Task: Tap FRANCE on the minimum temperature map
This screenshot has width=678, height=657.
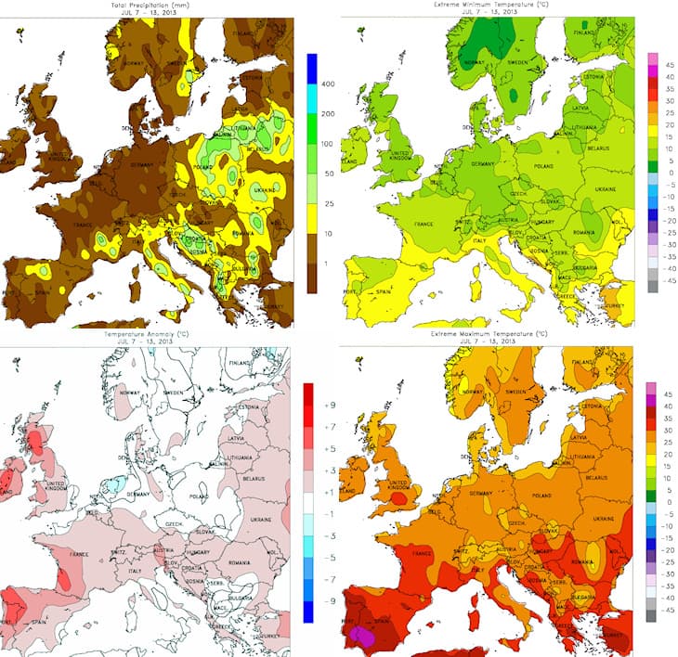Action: pyautogui.click(x=424, y=224)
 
